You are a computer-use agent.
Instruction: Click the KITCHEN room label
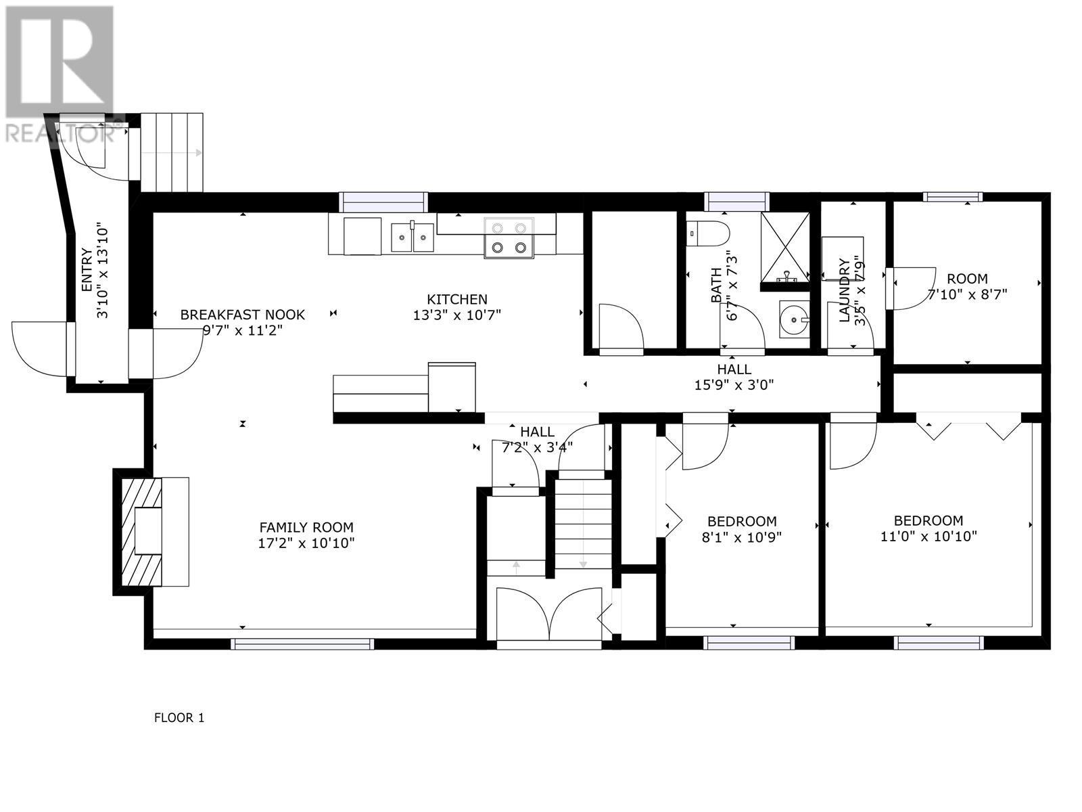[x=456, y=299]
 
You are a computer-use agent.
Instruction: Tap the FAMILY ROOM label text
[x=306, y=527]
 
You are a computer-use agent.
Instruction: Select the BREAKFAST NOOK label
[x=242, y=315]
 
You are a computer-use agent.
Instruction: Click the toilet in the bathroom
[x=708, y=234]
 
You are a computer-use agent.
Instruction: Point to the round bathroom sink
[x=794, y=319]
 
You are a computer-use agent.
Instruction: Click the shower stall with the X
[x=784, y=247]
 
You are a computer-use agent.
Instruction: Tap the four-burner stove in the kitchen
[x=509, y=238]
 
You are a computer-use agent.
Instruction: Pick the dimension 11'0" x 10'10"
[x=928, y=537]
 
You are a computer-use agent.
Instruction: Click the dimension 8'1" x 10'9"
[x=741, y=537]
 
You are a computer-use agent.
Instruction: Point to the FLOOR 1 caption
[x=179, y=718]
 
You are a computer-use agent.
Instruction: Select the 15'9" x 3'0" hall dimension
[x=734, y=385]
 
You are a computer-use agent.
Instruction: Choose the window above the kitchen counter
[x=383, y=202]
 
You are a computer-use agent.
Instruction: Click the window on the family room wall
[x=302, y=644]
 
